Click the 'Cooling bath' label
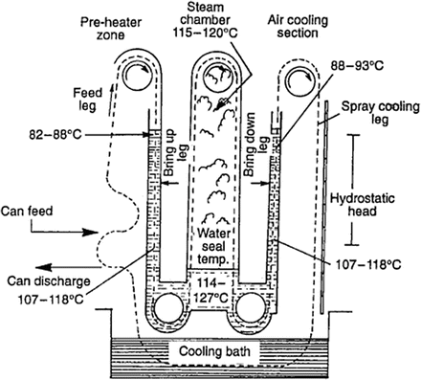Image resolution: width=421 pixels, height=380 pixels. tap(214, 349)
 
